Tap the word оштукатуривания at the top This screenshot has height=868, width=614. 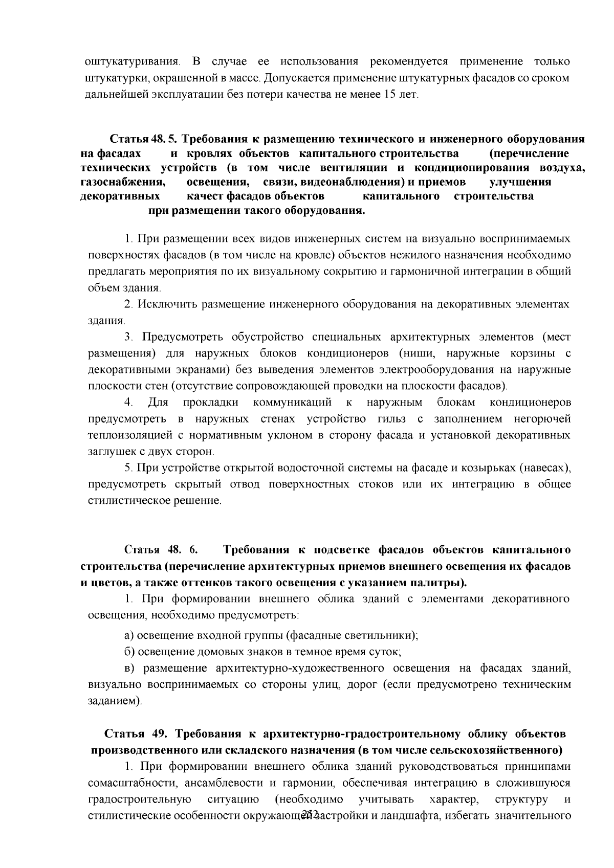[132, 62]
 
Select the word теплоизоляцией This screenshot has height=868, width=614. [130, 436]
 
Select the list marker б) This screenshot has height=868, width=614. [130, 652]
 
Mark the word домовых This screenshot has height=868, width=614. [215, 652]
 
